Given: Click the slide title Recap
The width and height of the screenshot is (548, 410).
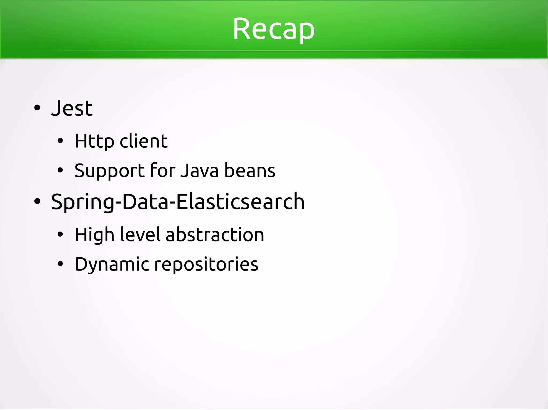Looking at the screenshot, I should pos(273,29).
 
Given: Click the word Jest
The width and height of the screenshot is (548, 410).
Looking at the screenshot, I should pos(72,108).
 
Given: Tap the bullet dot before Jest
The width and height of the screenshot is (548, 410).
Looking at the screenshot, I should pos(37,108).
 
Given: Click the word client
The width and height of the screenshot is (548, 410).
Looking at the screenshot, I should pos(144,141).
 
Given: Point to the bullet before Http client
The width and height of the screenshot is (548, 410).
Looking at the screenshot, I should pos(60,141).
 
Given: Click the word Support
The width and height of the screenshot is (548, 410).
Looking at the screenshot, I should pos(109,171).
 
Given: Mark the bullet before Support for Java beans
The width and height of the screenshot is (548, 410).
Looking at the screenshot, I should pos(60,170).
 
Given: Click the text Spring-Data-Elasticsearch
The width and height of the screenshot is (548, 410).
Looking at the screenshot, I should pos(178,202).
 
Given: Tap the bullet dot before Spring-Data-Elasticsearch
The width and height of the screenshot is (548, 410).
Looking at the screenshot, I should pos(37,202).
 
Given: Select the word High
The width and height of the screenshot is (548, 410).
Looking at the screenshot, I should pos(94,235).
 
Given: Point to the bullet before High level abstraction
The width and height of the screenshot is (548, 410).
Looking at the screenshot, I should pos(60,235).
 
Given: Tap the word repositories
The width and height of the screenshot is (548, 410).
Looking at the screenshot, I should pos(206,264).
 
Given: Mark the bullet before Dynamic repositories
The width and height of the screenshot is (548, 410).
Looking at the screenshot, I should pos(60,264).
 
